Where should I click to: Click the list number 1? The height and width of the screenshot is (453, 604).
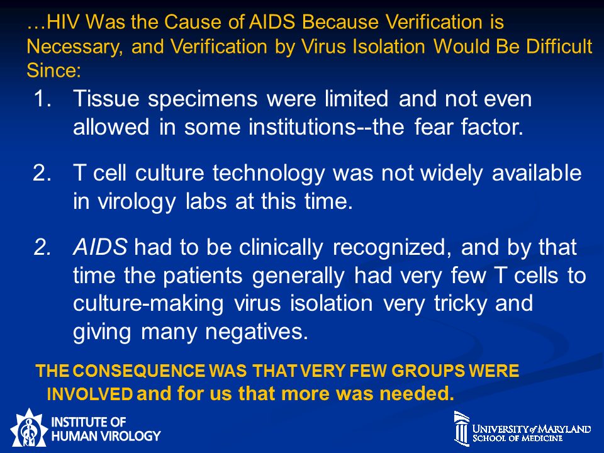(x=42, y=99)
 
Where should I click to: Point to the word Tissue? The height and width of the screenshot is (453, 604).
(x=106, y=99)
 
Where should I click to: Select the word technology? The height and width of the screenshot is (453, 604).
(x=269, y=174)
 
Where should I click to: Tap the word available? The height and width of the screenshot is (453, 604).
(x=537, y=173)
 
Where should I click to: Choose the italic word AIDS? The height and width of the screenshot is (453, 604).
(x=100, y=247)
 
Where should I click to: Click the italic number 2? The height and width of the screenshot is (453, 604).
(x=42, y=247)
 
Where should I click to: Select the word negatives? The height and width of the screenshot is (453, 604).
(x=257, y=332)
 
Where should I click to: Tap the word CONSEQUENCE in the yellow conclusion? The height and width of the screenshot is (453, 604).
(x=138, y=371)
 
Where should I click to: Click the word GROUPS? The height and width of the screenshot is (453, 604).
(x=428, y=371)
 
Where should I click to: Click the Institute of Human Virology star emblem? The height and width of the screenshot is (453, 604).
(x=28, y=428)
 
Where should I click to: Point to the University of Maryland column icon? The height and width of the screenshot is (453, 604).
(x=461, y=428)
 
